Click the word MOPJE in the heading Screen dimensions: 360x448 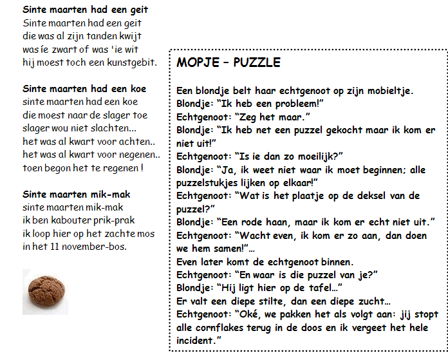point(196,62)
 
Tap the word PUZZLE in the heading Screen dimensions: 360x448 point(257,62)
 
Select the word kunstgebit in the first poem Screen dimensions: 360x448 point(132,62)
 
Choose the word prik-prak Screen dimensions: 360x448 point(106,220)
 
